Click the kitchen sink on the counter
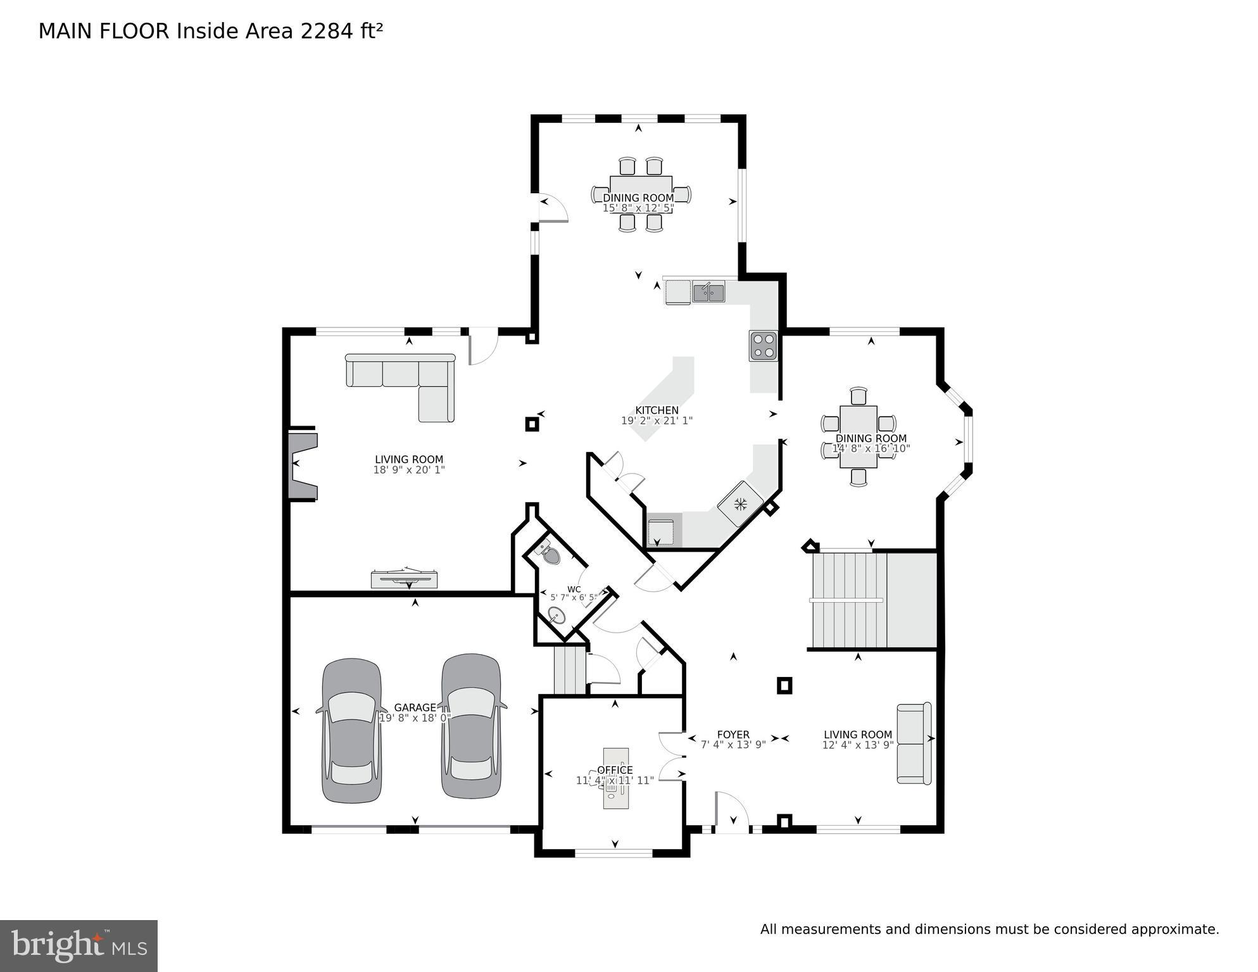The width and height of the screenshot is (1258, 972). tap(708, 293)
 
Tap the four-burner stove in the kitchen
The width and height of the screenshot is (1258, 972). tap(763, 346)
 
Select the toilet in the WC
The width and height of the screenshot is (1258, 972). tap(550, 554)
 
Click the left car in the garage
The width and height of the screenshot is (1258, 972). tap(352, 731)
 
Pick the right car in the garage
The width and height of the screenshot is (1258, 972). tap(470, 726)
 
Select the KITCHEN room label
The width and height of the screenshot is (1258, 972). tap(657, 410)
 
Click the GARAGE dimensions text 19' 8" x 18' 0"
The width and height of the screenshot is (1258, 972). tap(415, 718)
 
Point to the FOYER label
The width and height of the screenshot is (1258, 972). tap(733, 735)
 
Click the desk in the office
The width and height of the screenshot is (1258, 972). tap(615, 778)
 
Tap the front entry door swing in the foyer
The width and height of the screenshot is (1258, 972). tap(731, 811)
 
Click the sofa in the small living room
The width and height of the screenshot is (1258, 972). tap(914, 743)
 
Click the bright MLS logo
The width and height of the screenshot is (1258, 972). tap(78, 945)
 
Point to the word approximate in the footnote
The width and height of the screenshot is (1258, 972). tap(1175, 930)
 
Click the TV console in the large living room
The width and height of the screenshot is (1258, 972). tap(404, 578)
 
